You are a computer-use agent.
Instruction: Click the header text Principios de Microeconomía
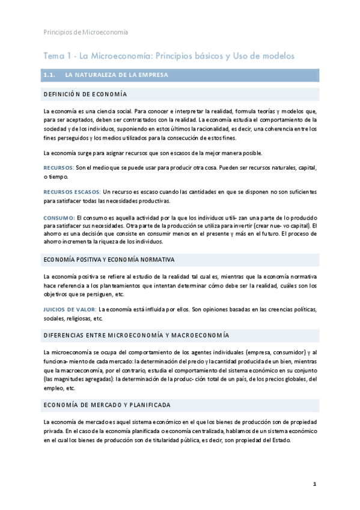(85, 32)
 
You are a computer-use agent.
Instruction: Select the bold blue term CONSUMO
(59, 217)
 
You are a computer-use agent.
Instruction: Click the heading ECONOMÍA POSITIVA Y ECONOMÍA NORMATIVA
(109, 259)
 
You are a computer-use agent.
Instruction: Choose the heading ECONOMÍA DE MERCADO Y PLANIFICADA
(107, 405)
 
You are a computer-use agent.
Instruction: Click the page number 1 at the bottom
(314, 484)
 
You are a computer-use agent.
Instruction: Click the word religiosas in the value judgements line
(75, 319)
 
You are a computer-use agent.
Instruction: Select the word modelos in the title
(277, 56)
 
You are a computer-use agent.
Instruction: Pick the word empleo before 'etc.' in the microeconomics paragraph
(52, 388)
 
